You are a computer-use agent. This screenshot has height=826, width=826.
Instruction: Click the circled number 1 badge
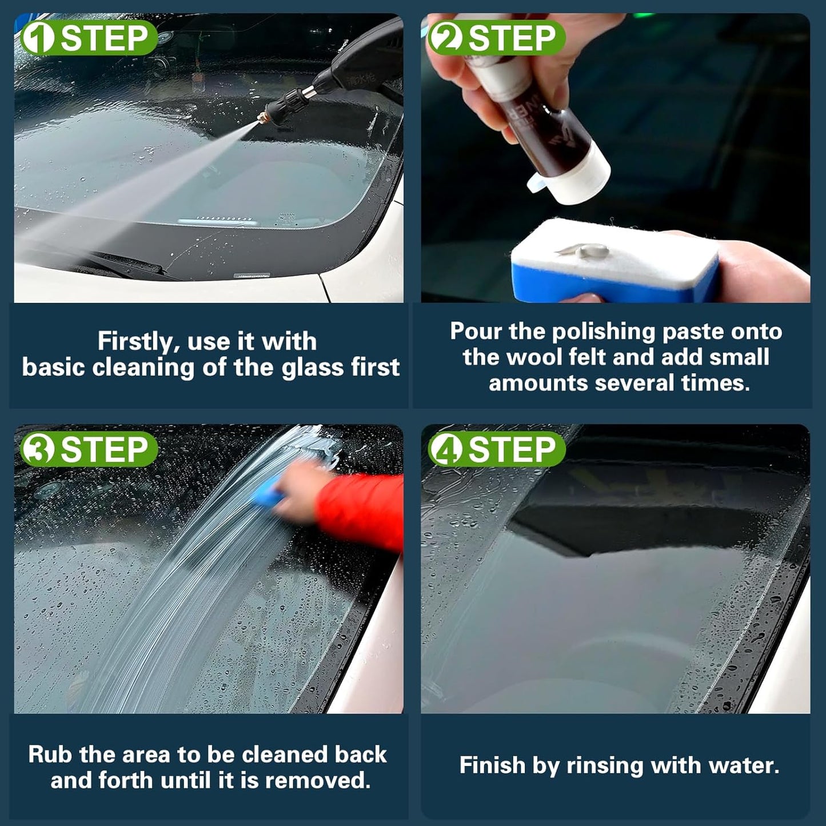(38, 38)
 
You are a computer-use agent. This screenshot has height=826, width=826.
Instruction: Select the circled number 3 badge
(38, 449)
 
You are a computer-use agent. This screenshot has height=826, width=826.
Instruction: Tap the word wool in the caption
(534, 357)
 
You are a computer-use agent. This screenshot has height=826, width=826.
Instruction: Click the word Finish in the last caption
(492, 766)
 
